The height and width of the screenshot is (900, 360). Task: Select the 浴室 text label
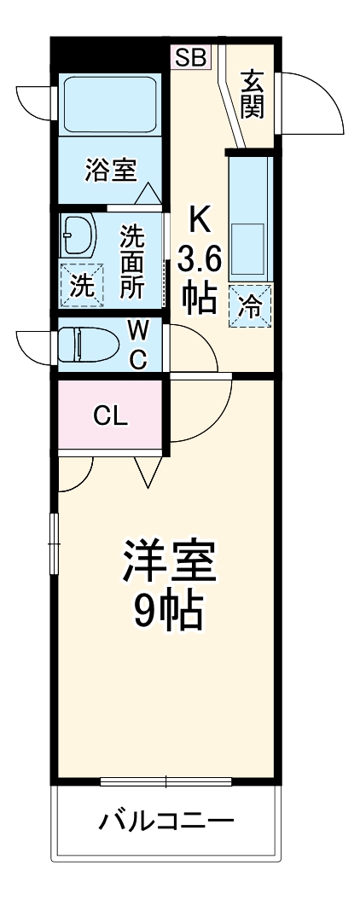tap(110, 170)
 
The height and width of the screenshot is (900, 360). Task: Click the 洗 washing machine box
tap(81, 285)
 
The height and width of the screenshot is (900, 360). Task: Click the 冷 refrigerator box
tap(251, 304)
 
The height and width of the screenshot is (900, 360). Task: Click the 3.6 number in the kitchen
tap(199, 257)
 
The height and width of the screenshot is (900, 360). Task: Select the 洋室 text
tap(167, 561)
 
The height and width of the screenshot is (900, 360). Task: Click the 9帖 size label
tap(167, 609)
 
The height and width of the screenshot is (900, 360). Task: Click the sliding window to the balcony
tap(166, 781)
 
